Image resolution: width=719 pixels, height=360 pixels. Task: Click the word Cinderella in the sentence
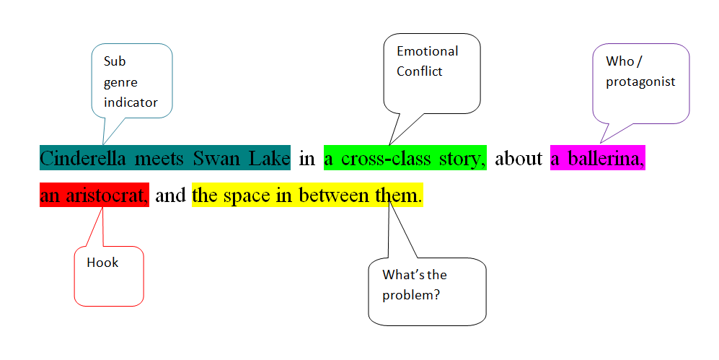click(82, 159)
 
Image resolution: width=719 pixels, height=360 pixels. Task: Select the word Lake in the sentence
click(269, 159)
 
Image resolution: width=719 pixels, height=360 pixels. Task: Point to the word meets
click(159, 159)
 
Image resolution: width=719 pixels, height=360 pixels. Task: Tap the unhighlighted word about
click(519, 159)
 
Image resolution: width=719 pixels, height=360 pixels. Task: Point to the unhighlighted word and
click(171, 196)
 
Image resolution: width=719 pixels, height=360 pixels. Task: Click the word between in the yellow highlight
click(334, 196)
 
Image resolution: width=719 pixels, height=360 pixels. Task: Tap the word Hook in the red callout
click(102, 263)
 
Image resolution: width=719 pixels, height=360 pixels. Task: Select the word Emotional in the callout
click(428, 51)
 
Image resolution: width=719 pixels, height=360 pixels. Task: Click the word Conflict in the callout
click(419, 71)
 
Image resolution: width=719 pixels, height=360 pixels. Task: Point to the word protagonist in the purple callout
click(640, 82)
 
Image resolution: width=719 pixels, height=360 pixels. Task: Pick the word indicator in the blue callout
click(131, 102)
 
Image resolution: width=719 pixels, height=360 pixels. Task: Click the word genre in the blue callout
click(120, 83)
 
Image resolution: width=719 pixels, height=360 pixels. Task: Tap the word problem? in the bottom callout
click(411, 295)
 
